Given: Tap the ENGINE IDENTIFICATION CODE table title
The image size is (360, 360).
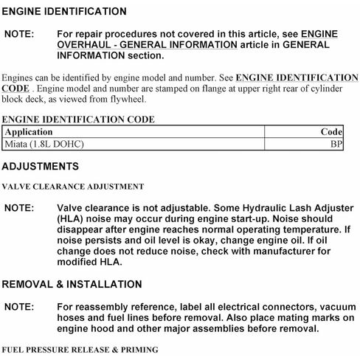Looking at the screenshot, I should [x=67, y=119].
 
